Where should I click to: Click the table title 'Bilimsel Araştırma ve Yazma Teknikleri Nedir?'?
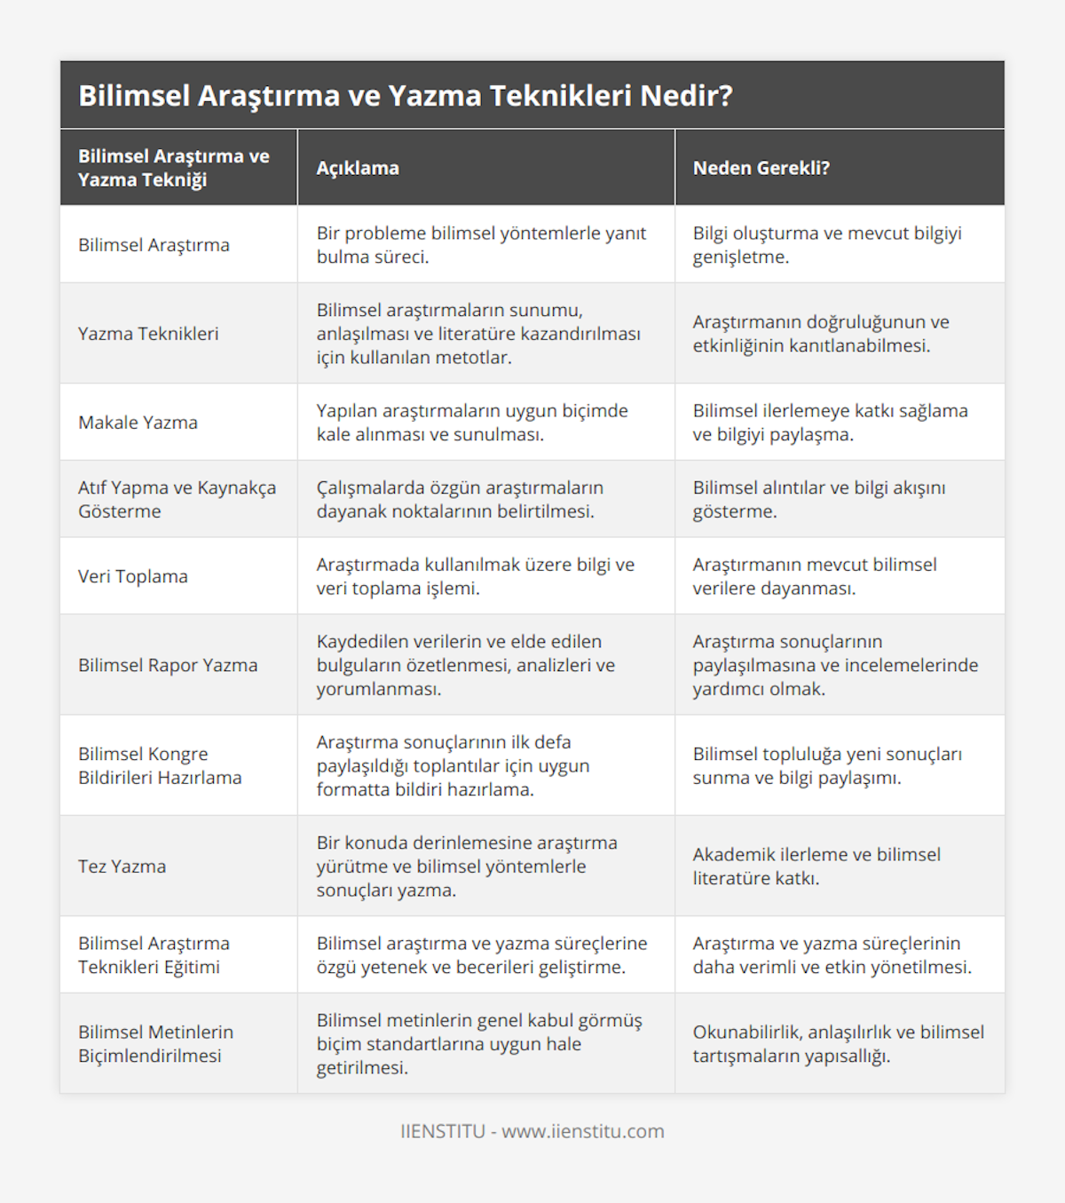pos(406,96)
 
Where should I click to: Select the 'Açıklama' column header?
pos(358,168)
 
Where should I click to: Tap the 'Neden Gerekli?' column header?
pos(761,168)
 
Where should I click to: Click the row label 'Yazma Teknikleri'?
pos(148,334)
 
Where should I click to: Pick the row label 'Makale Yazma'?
pos(138,423)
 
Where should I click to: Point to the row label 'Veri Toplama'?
pos(133,576)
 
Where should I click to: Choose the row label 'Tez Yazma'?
pos(122,867)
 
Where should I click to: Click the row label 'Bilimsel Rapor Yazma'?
pos(168,665)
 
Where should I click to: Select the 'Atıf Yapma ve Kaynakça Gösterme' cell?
pos(177,499)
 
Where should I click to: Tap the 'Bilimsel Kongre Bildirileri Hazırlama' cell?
pos(160,765)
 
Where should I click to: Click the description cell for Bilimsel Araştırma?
pos(481,245)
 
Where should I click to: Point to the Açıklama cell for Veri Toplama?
pos(475,576)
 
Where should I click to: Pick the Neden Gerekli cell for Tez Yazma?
pos(816,867)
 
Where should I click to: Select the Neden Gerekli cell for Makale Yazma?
pos(830,423)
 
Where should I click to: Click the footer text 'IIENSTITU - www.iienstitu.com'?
pos(532,1131)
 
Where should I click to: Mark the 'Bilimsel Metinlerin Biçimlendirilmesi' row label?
pos(155,1044)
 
